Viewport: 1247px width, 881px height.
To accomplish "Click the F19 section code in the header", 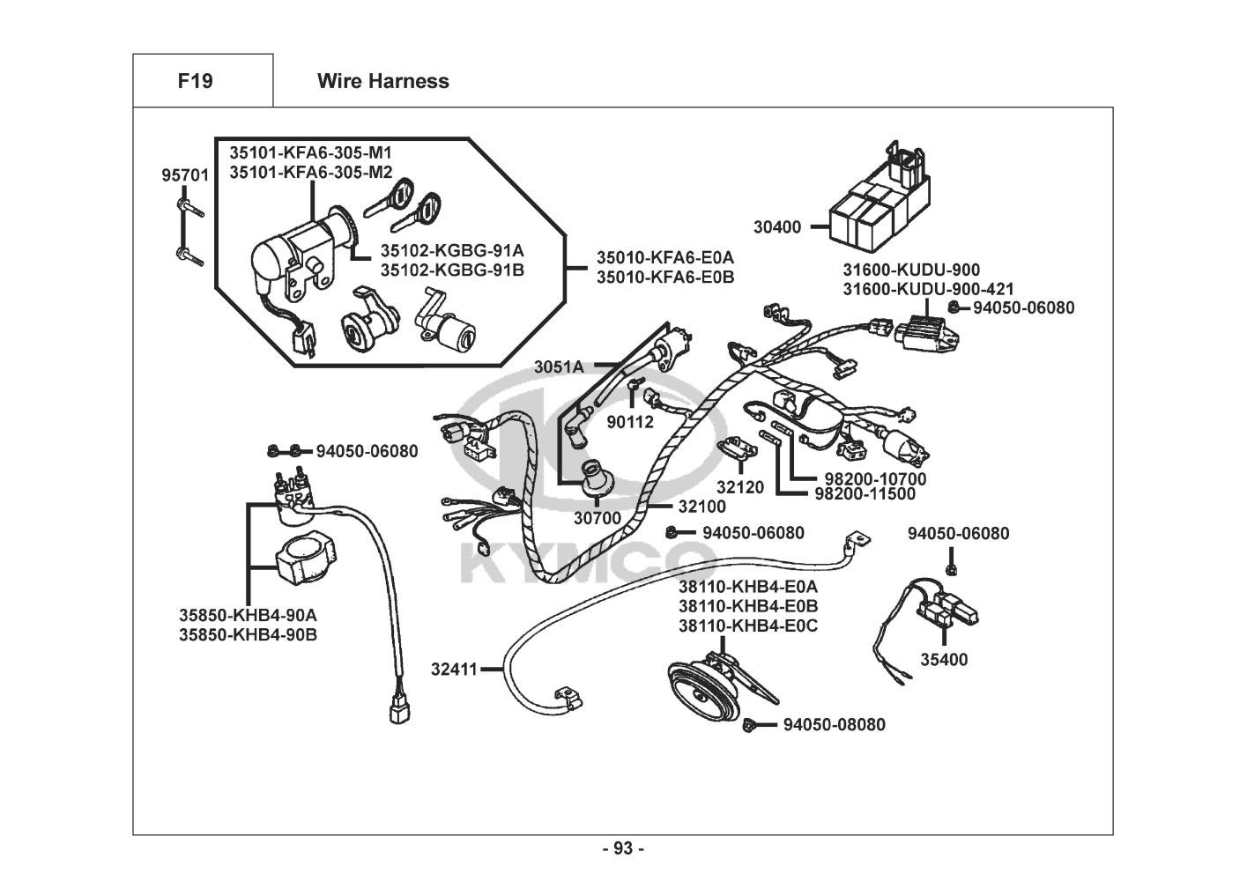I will click(x=195, y=81).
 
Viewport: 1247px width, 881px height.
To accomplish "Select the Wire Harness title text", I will click(x=382, y=81).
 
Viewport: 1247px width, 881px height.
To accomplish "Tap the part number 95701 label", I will click(x=185, y=175).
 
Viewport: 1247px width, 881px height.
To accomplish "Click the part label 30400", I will click(x=777, y=227).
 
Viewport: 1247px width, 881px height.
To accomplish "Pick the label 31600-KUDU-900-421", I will click(x=928, y=289).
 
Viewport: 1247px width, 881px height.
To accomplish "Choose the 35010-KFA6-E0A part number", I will click(x=664, y=257).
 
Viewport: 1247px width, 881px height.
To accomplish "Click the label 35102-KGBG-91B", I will click(x=452, y=270).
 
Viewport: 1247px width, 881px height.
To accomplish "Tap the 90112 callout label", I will click(x=630, y=422).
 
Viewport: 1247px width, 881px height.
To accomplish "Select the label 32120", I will click(x=739, y=486).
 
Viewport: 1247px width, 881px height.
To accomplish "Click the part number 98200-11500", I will click(x=865, y=494).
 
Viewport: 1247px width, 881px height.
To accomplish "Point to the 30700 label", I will click(x=598, y=518).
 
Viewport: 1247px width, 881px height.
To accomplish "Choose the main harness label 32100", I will click(x=701, y=507).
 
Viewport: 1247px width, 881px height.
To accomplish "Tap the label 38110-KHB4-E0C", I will click(x=747, y=626).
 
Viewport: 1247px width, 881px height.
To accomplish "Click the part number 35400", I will click(x=944, y=659).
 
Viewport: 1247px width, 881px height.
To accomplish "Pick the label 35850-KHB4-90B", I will click(x=248, y=633).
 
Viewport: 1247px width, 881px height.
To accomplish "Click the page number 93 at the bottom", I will click(x=623, y=848).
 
